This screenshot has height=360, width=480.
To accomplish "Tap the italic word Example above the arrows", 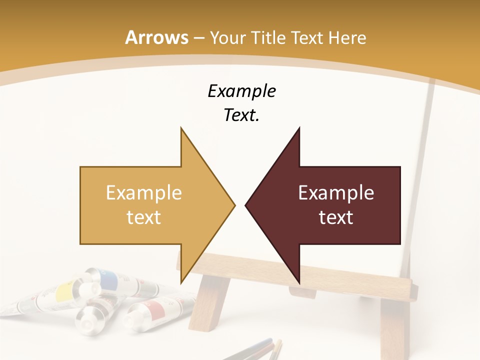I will point(241,91).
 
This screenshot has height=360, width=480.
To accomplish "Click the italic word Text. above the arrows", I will point(241,115).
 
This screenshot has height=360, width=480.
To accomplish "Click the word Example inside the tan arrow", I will point(143,193).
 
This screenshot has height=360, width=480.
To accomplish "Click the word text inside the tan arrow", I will point(143,217).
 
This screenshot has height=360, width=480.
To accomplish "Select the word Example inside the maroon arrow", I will point(336,193).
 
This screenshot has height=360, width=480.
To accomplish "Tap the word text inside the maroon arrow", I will point(336,217).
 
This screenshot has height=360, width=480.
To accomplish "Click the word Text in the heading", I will point(307,37).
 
